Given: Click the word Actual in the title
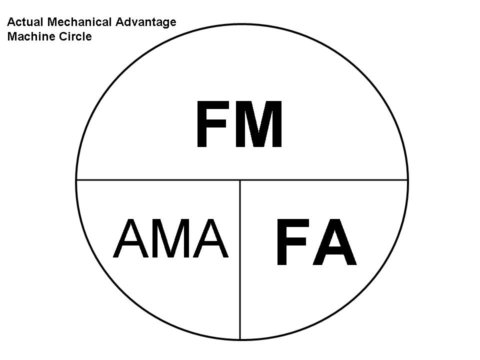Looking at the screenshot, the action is pyautogui.click(x=25, y=22).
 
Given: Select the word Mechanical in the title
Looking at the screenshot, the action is pyautogui.click(x=79, y=22).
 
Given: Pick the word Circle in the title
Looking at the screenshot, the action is pyautogui.click(x=75, y=36).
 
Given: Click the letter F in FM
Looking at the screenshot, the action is pyautogui.click(x=211, y=124).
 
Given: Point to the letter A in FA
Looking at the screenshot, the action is pyautogui.click(x=334, y=242).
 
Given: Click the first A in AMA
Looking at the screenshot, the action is pyautogui.click(x=131, y=238).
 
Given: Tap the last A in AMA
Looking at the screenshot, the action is pyautogui.click(x=210, y=238).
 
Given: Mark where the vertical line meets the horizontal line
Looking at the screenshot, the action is pyautogui.click(x=240, y=180).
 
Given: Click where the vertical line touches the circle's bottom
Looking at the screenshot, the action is pyautogui.click(x=240, y=339).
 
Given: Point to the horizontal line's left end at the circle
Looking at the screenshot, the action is pyautogui.click(x=76, y=180).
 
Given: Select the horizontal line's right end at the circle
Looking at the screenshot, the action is pyautogui.click(x=408, y=180).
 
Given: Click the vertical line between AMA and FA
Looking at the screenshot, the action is pyautogui.click(x=240, y=259).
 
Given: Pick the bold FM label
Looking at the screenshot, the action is pyautogui.click(x=239, y=124).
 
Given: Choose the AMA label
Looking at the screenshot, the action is pyautogui.click(x=171, y=238).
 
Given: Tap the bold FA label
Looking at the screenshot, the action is pyautogui.click(x=317, y=242).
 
